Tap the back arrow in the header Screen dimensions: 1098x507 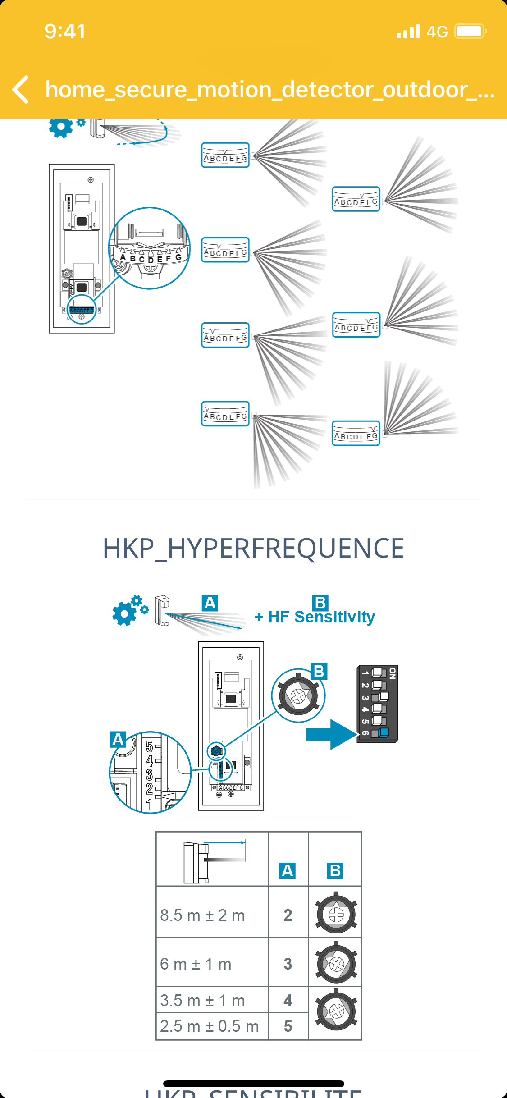click(21, 89)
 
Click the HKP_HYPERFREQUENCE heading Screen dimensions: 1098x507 click(253, 549)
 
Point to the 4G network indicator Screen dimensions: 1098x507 click(437, 32)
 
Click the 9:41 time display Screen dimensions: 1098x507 click(65, 31)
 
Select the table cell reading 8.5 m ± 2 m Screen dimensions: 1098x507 click(203, 915)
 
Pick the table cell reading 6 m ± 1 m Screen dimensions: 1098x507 click(196, 964)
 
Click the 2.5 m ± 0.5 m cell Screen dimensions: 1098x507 click(210, 1026)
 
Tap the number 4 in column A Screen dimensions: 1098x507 click(288, 1001)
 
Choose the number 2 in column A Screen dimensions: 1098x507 click(288, 915)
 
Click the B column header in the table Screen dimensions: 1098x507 click(335, 870)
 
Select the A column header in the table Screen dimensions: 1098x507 click(288, 870)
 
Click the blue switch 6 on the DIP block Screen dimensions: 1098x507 click(383, 732)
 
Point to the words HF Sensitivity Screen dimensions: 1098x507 click(321, 617)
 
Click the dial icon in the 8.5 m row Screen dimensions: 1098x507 click(336, 914)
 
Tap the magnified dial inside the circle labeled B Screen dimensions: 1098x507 click(298, 696)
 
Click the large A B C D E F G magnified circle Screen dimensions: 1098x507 click(150, 248)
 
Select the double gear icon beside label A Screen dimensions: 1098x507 click(130, 610)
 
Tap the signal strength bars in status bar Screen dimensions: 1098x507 click(408, 32)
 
